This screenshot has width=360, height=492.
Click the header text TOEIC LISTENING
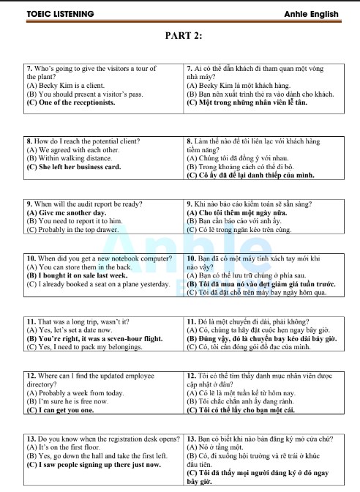[x=50, y=14]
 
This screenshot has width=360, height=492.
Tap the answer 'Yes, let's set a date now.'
[x=70, y=330]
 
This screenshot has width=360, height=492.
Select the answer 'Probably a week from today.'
[x=70, y=393]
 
